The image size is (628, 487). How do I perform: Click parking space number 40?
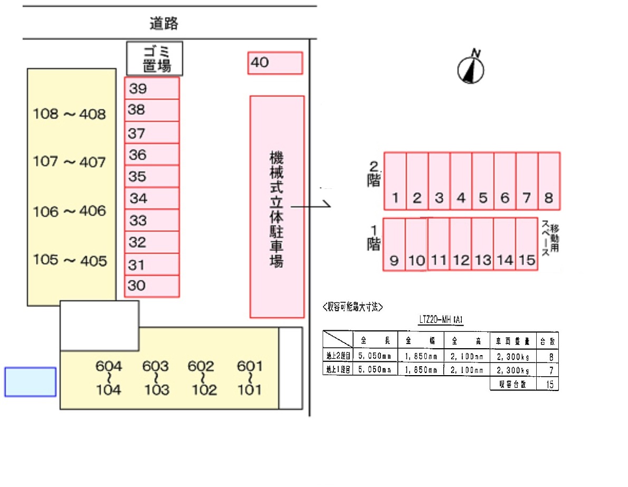click(x=275, y=63)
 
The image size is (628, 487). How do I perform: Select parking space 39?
click(x=152, y=88)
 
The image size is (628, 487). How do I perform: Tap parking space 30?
click(x=152, y=286)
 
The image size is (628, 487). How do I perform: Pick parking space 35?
click(x=152, y=176)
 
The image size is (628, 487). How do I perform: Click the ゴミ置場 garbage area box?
click(x=155, y=59)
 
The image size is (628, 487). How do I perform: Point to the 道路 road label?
click(x=164, y=23)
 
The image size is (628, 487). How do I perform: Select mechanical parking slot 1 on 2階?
click(x=395, y=181)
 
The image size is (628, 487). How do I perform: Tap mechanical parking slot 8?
click(x=549, y=181)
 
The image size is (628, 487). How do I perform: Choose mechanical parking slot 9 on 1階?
click(x=394, y=244)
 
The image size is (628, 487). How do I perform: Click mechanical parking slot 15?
click(x=527, y=244)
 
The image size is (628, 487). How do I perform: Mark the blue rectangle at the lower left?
click(x=31, y=382)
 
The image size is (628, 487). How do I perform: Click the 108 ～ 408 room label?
click(x=70, y=114)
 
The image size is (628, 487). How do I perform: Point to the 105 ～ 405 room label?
click(x=70, y=260)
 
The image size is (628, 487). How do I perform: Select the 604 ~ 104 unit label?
click(x=109, y=378)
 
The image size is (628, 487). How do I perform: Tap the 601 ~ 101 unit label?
click(x=250, y=378)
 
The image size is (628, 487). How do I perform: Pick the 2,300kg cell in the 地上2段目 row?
click(x=512, y=356)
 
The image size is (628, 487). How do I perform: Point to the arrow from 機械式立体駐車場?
click(x=311, y=206)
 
